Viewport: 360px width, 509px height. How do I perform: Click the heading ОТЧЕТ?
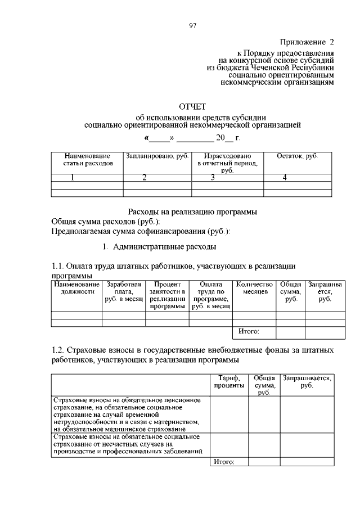click(192, 106)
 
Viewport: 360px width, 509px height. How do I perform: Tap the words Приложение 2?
click(307, 42)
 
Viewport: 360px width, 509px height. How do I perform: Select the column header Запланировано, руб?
click(157, 155)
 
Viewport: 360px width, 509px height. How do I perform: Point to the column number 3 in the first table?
click(213, 178)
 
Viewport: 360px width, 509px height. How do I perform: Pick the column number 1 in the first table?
click(72, 178)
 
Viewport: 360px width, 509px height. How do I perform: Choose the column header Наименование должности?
click(76, 289)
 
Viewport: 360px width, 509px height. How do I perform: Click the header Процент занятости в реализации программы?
click(167, 296)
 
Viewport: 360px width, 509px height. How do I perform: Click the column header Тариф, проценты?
click(229, 382)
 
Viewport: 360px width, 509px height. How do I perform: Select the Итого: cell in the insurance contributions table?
click(223, 462)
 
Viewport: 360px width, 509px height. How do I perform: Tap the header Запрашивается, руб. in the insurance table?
click(307, 382)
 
